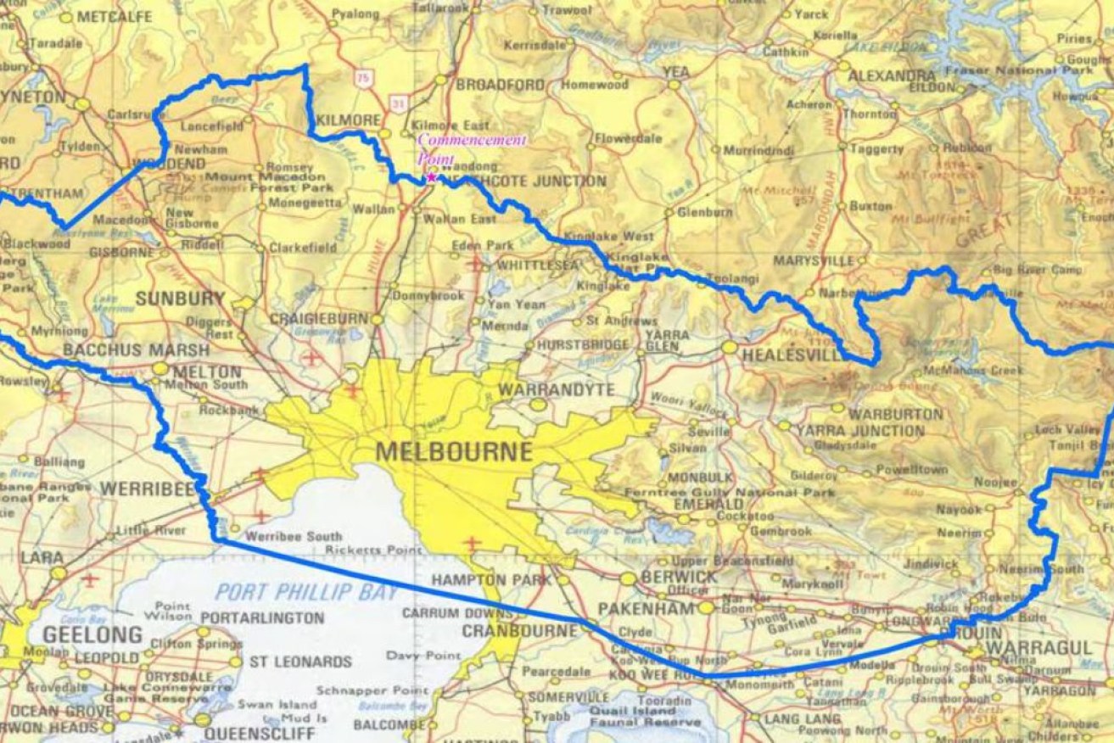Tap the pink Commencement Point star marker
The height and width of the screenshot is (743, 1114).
[432, 177]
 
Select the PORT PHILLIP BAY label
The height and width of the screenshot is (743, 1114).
[305, 592]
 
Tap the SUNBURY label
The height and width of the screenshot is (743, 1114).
[180, 299]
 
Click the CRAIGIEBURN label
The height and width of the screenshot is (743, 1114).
[319, 318]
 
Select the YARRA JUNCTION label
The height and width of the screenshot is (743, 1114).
[860, 431]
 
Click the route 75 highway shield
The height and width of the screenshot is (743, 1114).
[363, 78]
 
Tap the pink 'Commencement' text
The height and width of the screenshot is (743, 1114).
[472, 140]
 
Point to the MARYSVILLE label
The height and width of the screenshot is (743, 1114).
[814, 260]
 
